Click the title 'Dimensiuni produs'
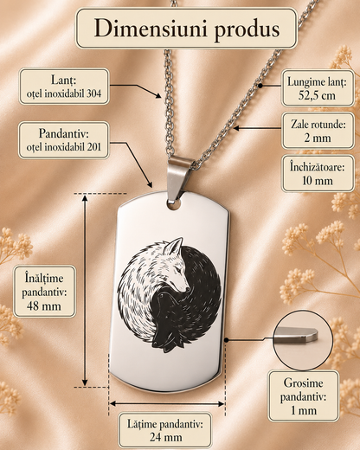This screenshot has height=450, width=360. (x=187, y=29)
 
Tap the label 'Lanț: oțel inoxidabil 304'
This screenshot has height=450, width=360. (x=64, y=87)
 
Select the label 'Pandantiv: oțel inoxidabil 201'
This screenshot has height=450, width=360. (x=64, y=140)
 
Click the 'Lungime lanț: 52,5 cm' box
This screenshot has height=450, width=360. (x=318, y=88)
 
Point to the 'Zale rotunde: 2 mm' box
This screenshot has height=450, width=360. (x=318, y=131)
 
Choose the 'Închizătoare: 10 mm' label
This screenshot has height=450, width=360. (x=318, y=174)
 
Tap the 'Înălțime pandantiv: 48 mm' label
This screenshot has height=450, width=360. (x=44, y=292)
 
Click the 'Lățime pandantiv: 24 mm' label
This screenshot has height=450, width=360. (x=165, y=431)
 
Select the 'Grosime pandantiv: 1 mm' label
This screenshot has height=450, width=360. (x=303, y=396)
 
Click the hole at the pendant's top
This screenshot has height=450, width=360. (x=174, y=204)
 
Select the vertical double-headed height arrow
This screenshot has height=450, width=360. (x=85, y=290)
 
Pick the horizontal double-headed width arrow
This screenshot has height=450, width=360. (x=167, y=403)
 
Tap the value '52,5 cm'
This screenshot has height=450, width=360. (x=317, y=95)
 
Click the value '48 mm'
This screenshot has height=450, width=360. (x=44, y=306)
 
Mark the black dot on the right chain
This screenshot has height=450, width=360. (x=260, y=86)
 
